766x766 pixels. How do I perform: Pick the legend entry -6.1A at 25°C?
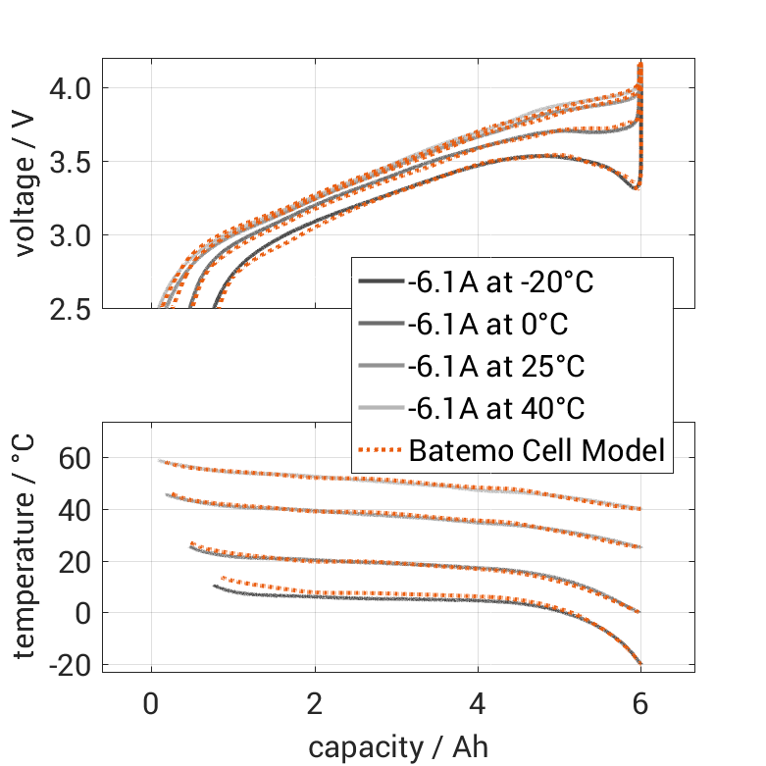pos(495,367)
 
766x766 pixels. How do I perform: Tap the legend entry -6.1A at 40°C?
pos(495,409)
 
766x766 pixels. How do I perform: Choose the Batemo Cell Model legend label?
pos(537,451)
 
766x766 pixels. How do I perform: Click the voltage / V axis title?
pos(26,183)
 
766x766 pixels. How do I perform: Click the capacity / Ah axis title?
pos(398,746)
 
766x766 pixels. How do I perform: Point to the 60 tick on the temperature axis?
pos(75,458)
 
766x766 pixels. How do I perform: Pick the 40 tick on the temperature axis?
pos(75,510)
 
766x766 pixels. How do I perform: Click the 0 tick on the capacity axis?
pos(151,704)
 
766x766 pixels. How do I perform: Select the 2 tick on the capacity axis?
pos(315,704)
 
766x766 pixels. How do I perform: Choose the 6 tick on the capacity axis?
pos(640,704)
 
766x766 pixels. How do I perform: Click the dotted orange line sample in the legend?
pos(380,451)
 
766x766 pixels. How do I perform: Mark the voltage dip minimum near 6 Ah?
pos(636,187)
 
